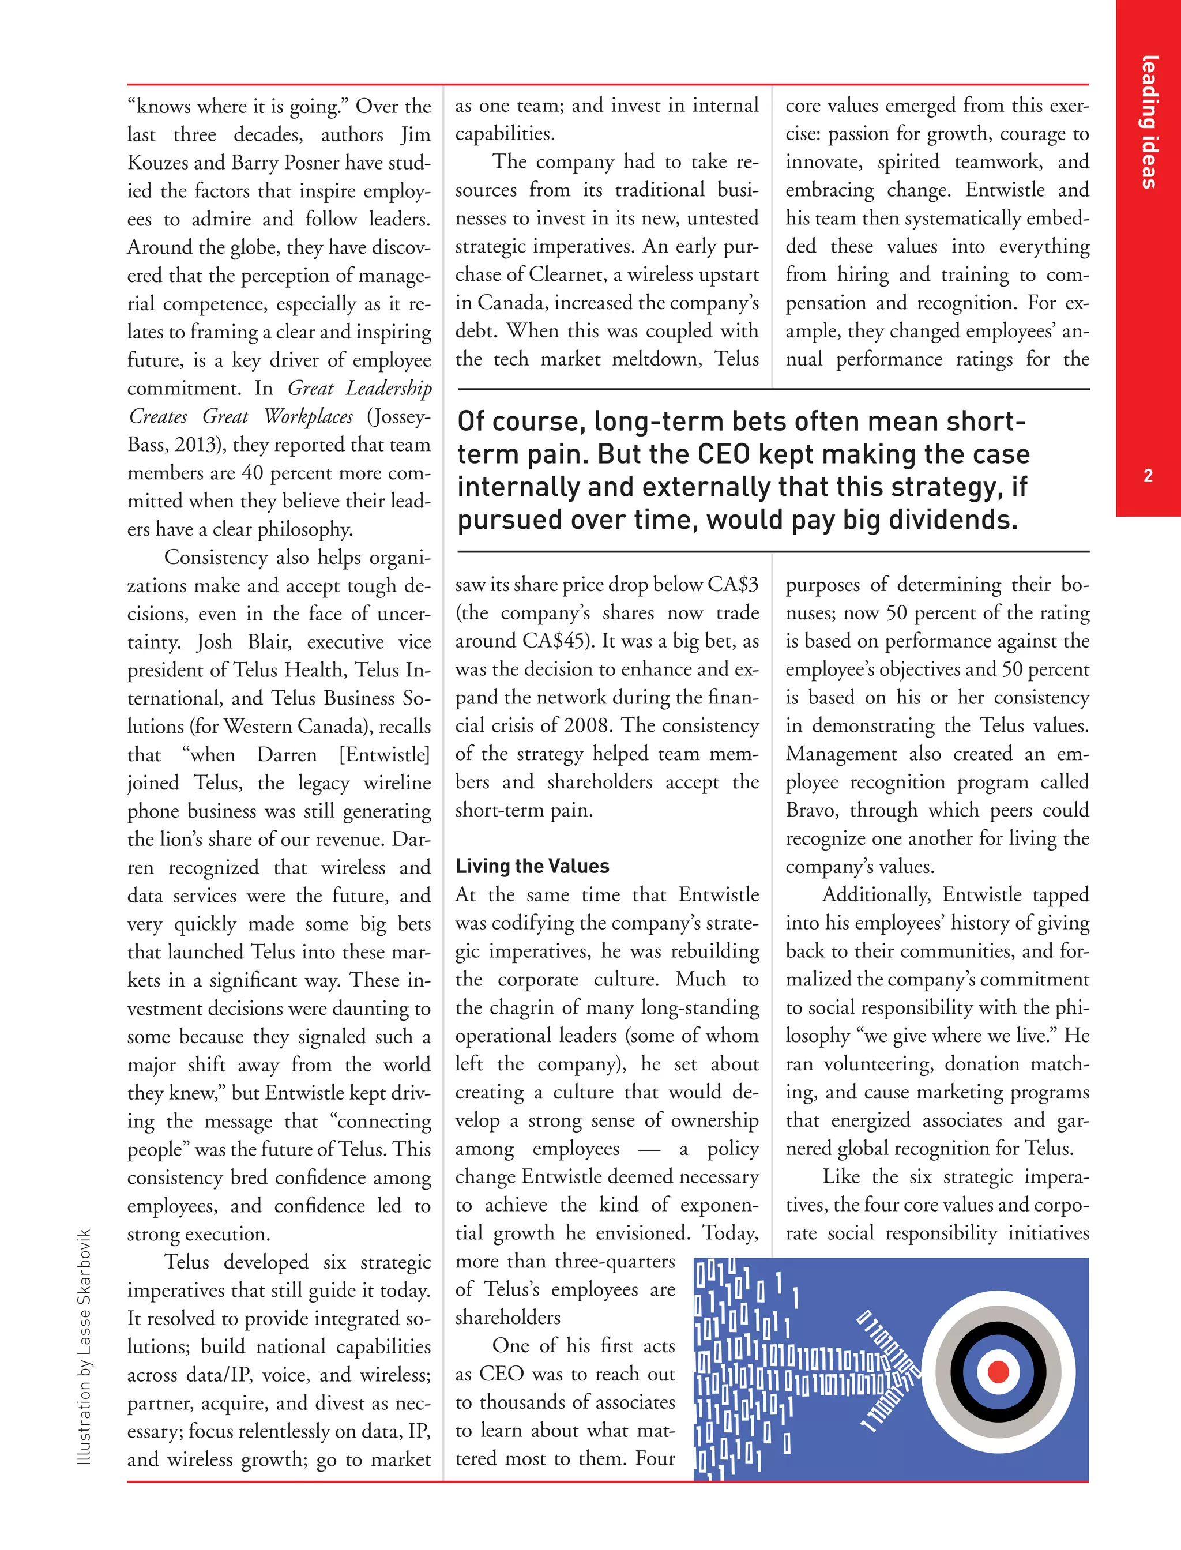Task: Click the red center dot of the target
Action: tap(998, 1371)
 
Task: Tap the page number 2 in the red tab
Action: tap(1148, 476)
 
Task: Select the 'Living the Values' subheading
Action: tap(532, 866)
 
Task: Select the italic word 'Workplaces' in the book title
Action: tap(308, 416)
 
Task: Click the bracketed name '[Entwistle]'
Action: tap(384, 754)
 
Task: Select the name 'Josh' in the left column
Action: tap(215, 642)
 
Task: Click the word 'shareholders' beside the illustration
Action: tap(507, 1316)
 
